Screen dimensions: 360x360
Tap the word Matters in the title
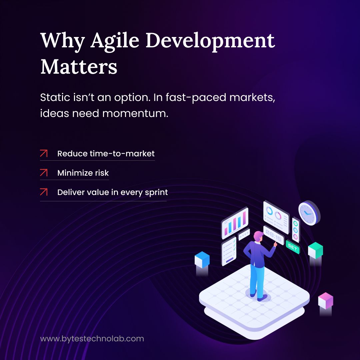point(79,66)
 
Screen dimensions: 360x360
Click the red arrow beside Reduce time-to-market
point(44,154)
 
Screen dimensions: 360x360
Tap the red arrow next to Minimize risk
point(44,173)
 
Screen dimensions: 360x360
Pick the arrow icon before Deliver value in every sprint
point(44,192)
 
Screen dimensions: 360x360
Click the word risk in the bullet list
point(102,173)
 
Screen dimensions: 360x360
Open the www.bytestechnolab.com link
point(92,339)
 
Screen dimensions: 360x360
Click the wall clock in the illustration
point(309,212)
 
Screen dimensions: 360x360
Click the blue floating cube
point(202,260)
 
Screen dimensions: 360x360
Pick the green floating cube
point(315,250)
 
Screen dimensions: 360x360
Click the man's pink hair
point(258,235)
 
